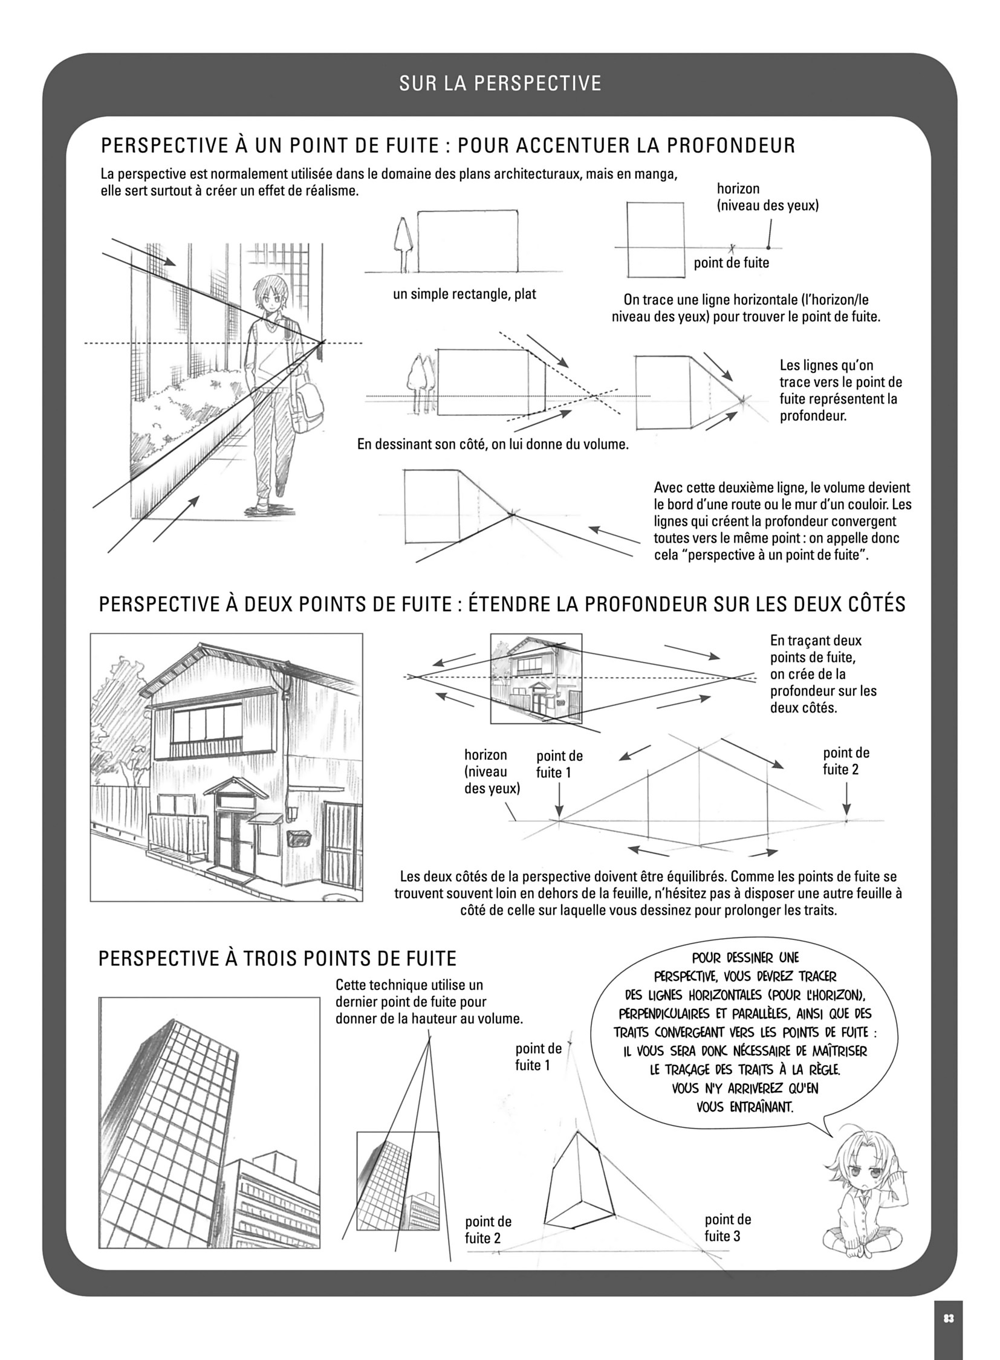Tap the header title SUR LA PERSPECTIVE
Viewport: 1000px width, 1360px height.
point(500,83)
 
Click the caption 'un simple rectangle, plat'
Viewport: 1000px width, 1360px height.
point(464,295)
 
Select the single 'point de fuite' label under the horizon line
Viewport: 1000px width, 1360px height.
point(731,263)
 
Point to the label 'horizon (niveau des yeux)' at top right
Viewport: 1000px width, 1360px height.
point(767,197)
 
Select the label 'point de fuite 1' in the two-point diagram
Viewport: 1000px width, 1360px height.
point(559,764)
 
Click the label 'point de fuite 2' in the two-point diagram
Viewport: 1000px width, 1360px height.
point(846,761)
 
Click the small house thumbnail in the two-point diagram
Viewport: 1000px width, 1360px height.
point(536,678)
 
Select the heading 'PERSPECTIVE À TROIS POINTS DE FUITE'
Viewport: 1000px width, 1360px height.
point(277,959)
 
